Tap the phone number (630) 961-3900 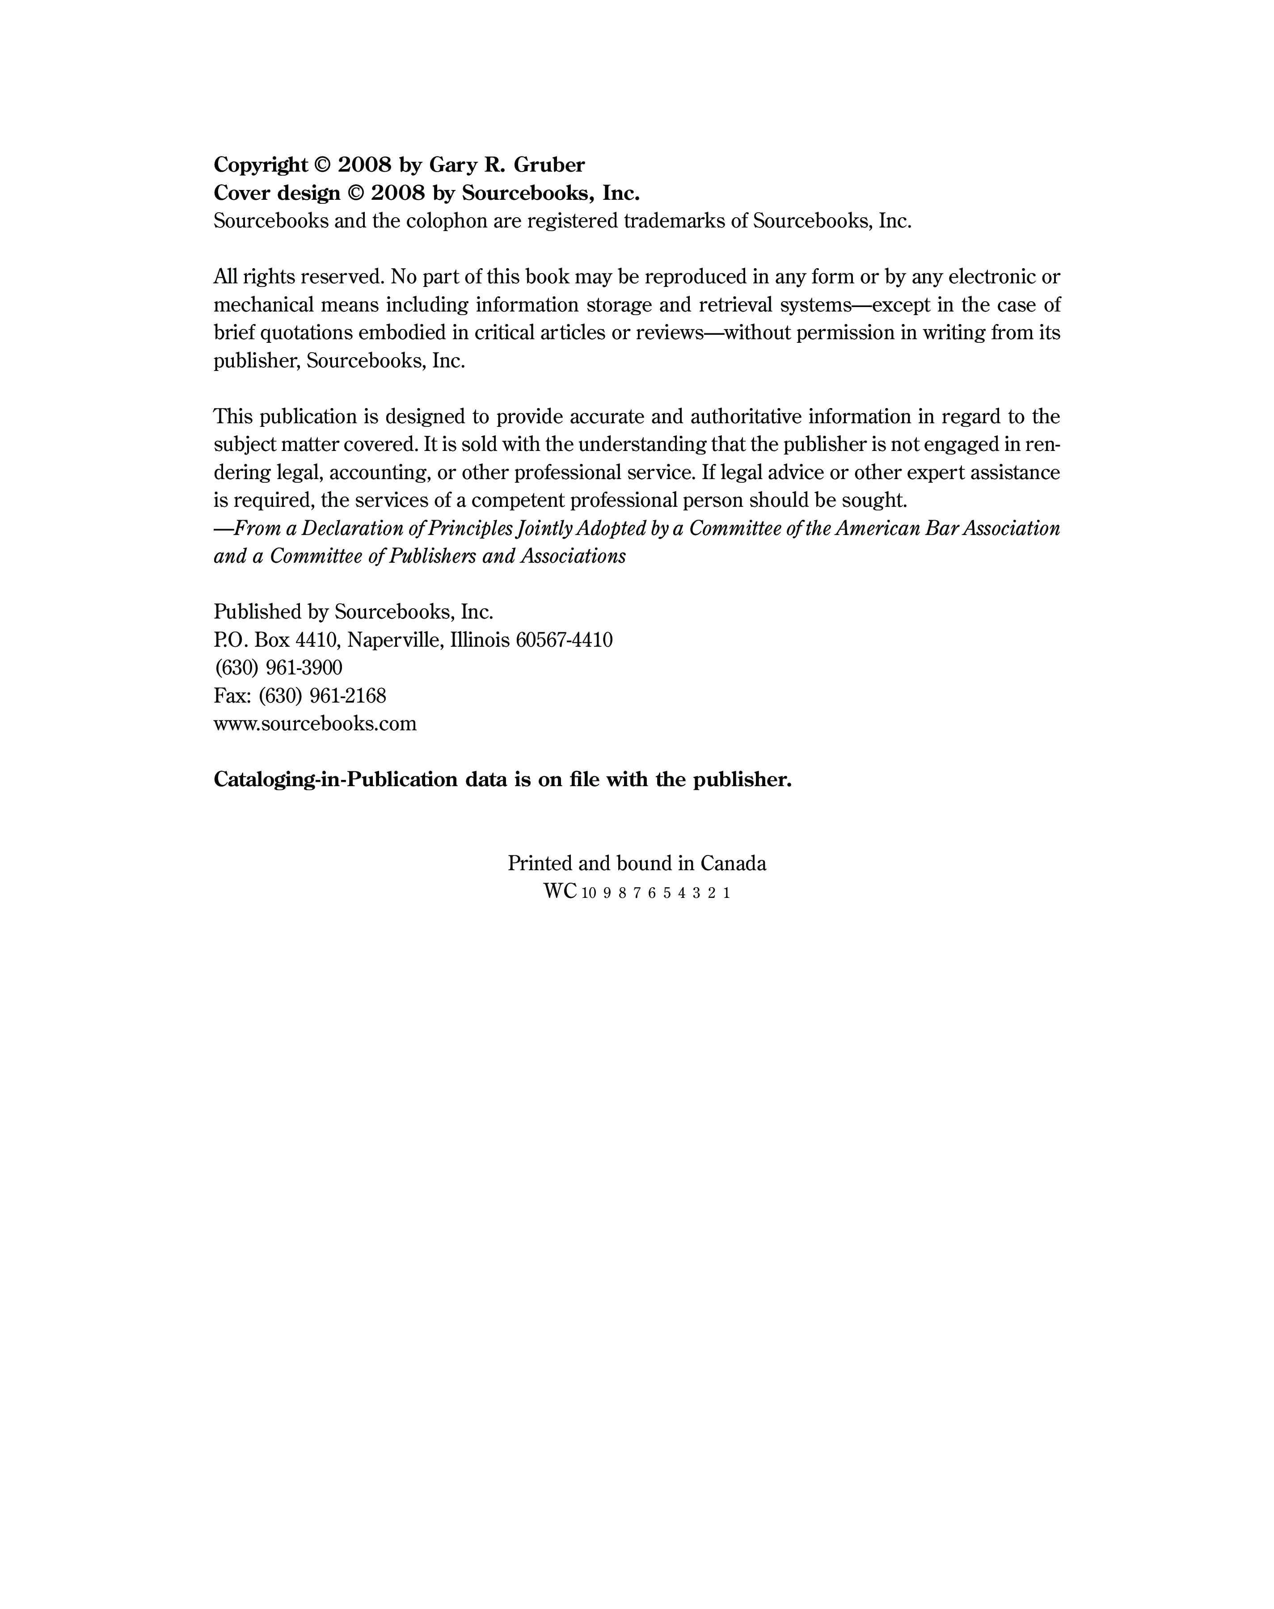tap(278, 668)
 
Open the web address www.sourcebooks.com tap(315, 724)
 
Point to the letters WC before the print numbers tap(559, 892)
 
